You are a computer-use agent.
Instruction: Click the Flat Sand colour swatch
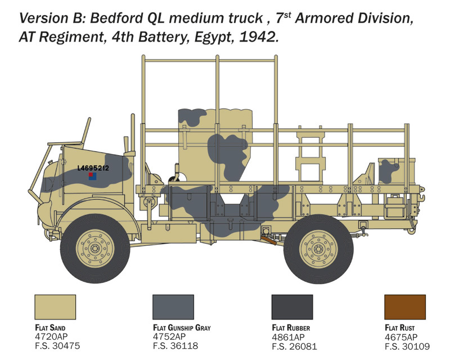click(55, 307)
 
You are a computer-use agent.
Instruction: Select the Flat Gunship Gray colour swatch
click(173, 307)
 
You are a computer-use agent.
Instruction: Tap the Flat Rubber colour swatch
click(292, 307)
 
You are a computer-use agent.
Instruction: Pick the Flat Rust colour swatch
click(405, 307)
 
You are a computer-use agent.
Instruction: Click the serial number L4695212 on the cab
click(93, 168)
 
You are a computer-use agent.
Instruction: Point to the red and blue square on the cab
click(92, 176)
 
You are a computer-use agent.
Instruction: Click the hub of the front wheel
click(95, 248)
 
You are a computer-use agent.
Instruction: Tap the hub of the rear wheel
click(318, 249)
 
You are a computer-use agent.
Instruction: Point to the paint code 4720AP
click(51, 337)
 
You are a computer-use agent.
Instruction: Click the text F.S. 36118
click(175, 345)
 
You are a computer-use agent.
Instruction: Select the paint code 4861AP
click(288, 337)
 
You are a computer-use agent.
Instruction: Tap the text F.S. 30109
click(407, 346)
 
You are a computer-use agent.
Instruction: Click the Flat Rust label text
click(399, 328)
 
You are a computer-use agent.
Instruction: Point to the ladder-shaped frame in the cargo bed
click(311, 156)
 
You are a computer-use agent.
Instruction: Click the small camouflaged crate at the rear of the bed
click(397, 171)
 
